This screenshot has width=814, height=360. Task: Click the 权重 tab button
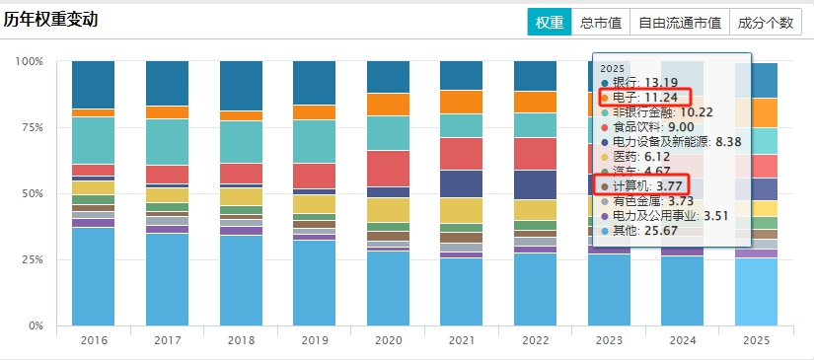(x=550, y=23)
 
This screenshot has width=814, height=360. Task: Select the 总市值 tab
(x=601, y=23)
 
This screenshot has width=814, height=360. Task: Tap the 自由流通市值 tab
(x=680, y=23)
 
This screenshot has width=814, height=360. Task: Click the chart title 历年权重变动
(x=50, y=20)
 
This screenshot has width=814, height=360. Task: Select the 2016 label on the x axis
(x=94, y=341)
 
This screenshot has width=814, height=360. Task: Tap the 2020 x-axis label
(x=389, y=341)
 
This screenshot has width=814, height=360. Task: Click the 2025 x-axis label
(x=757, y=341)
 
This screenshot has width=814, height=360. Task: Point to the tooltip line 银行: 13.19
(x=642, y=83)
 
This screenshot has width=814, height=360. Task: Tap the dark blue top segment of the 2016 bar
(x=94, y=85)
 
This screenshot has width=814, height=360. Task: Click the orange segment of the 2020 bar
(x=389, y=105)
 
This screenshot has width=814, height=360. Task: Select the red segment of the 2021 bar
(x=462, y=154)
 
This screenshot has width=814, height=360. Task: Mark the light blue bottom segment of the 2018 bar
(x=242, y=281)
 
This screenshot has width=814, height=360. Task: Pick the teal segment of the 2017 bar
(x=167, y=142)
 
